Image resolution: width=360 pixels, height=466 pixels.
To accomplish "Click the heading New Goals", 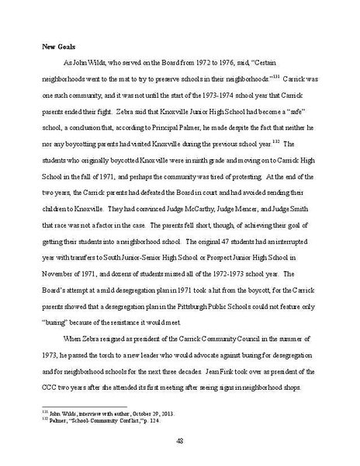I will point(58,47).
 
